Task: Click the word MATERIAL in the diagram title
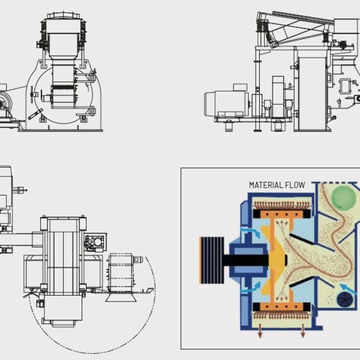point(266,185)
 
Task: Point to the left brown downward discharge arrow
point(260,330)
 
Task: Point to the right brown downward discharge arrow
point(303,330)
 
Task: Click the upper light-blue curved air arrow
point(251,231)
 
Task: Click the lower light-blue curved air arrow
point(251,288)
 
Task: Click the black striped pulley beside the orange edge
point(212,260)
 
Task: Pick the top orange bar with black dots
point(282,214)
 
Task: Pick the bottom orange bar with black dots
point(282,307)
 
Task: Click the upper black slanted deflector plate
point(301,239)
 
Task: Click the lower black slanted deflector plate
point(301,282)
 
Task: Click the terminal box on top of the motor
point(240,87)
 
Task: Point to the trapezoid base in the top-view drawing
point(121,297)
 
